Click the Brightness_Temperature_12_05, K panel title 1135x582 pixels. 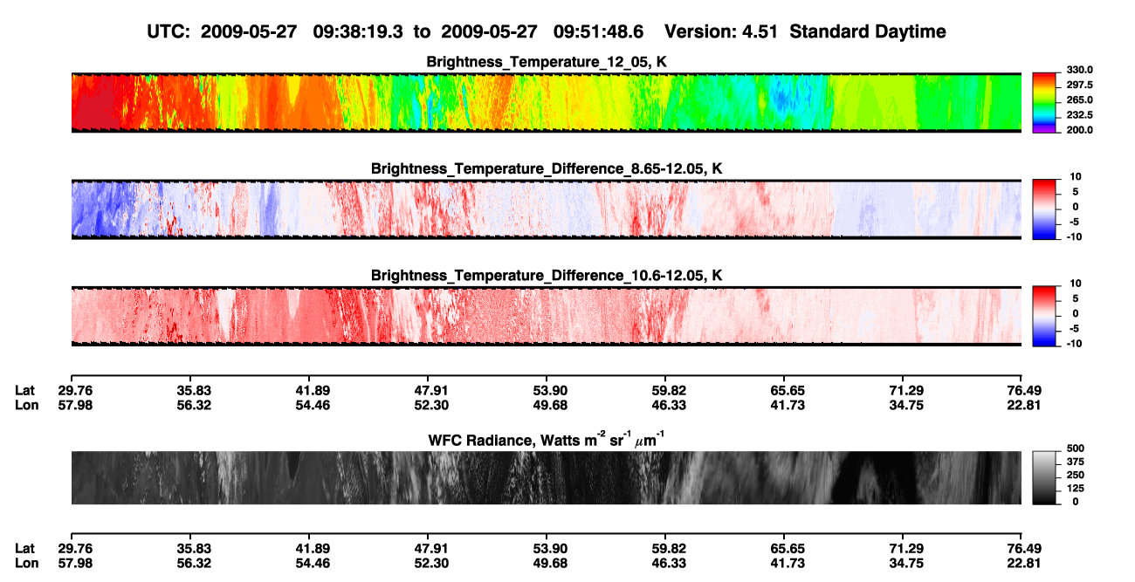click(547, 62)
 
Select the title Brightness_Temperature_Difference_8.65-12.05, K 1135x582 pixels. click(547, 168)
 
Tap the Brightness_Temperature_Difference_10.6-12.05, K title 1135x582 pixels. click(547, 276)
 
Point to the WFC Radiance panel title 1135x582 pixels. click(547, 440)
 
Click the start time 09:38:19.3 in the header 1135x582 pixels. click(358, 32)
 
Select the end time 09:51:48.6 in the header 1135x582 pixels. click(598, 32)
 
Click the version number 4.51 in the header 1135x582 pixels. click(760, 32)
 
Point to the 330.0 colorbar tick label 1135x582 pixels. click(1079, 70)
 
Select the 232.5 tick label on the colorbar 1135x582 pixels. click(1079, 115)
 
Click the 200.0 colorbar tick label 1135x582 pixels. click(1079, 130)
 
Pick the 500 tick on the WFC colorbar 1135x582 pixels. click(1076, 448)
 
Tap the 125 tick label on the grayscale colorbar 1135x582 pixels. click(1076, 489)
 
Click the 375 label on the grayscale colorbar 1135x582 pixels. click(1076, 462)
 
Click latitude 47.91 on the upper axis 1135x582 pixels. click(431, 391)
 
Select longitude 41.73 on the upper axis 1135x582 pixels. click(788, 405)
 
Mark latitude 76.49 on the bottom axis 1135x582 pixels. click(1023, 549)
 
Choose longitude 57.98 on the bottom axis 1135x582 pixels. click(75, 564)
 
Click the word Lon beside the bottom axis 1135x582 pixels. click(26, 564)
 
